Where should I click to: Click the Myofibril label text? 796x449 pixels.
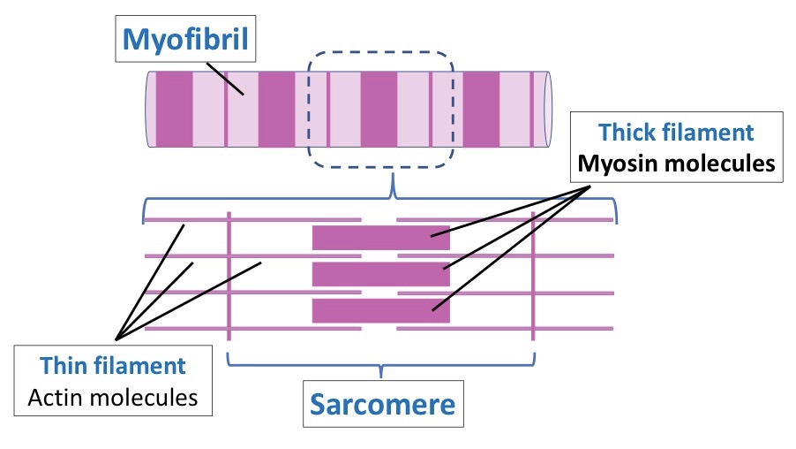tap(185, 40)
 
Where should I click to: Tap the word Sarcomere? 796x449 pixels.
tap(383, 404)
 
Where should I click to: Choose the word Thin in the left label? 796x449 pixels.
tap(62, 366)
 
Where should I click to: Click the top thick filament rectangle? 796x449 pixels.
tap(380, 238)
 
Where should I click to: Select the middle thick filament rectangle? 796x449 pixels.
tap(380, 275)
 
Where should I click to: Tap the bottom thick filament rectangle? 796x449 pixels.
tap(380, 311)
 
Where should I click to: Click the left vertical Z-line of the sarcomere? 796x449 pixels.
tap(229, 276)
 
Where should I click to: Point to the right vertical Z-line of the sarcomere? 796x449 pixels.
tap(533, 276)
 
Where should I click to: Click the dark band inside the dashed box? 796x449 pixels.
tap(379, 110)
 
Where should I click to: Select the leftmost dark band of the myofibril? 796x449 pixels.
tap(174, 110)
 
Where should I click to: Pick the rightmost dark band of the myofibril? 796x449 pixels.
tap(481, 110)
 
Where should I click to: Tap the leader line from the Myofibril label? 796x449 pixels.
tap(225, 79)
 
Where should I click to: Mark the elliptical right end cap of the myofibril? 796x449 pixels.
tap(548, 110)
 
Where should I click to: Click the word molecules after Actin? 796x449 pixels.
tap(143, 398)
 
